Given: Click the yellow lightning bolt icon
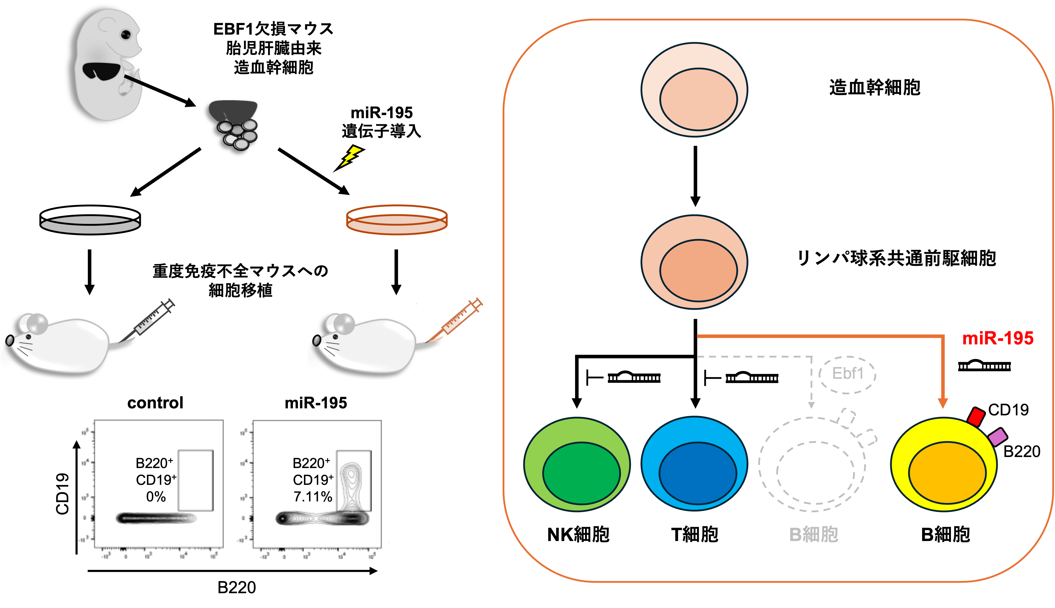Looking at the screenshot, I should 351,156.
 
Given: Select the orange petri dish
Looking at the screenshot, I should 397,220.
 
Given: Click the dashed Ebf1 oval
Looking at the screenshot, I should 847,374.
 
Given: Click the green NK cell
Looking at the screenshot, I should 577,464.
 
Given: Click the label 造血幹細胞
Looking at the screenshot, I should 875,88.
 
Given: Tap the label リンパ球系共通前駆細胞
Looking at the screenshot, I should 896,258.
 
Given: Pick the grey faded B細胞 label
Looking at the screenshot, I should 814,535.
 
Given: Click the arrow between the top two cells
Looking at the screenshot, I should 695,175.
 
